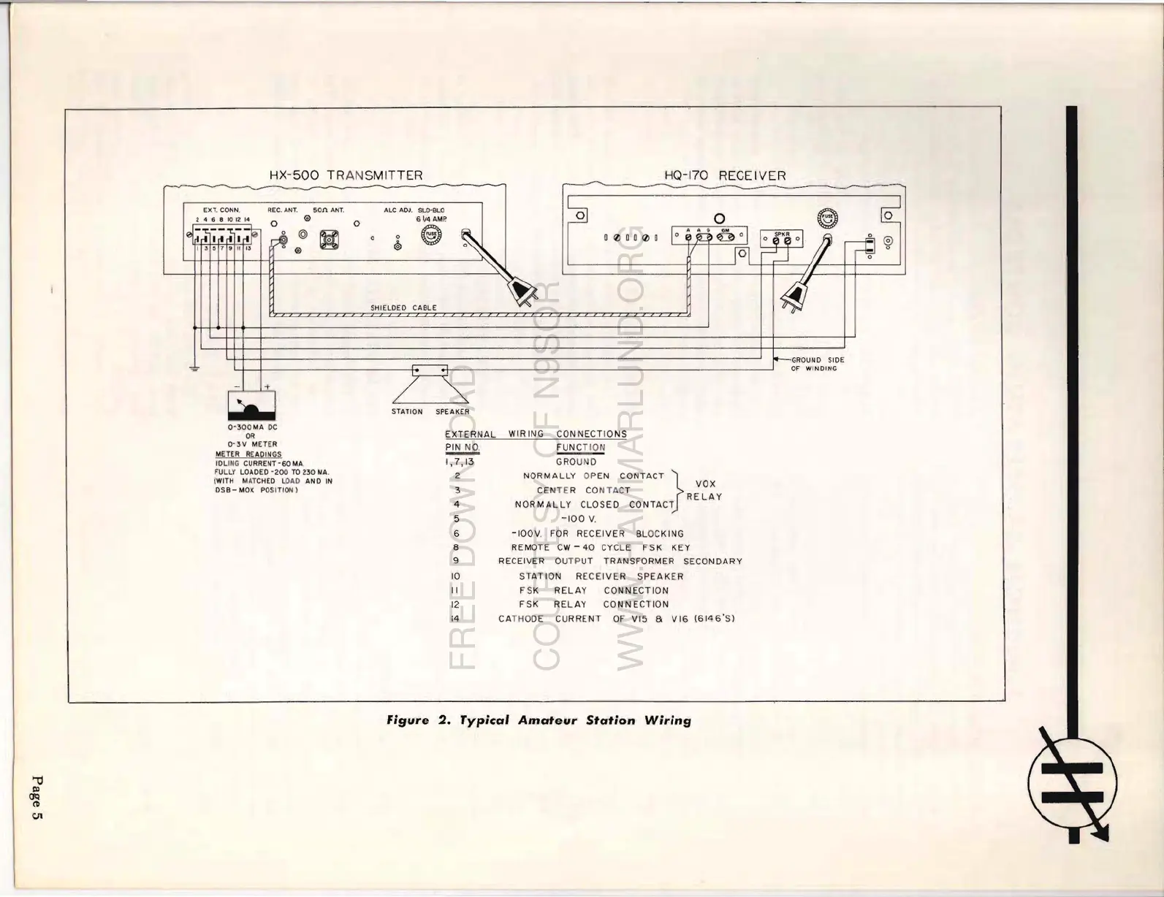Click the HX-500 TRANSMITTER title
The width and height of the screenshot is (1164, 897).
[x=346, y=175]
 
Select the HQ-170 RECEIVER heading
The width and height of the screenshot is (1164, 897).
[x=725, y=175]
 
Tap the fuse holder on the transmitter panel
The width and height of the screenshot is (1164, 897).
[x=432, y=235]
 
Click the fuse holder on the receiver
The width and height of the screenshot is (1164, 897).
[x=827, y=218]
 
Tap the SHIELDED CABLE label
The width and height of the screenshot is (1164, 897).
[x=403, y=308]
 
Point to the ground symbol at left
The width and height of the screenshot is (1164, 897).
[x=194, y=368]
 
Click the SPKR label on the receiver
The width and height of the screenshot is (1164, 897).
[x=781, y=234]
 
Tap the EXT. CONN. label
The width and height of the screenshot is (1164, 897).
[x=221, y=210]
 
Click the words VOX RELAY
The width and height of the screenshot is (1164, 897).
[x=704, y=490]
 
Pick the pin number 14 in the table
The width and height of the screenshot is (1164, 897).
[x=454, y=619]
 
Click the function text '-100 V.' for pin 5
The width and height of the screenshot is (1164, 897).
[x=579, y=519]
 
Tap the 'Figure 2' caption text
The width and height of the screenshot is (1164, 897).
[x=539, y=720]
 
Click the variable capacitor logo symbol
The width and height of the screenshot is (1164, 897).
[x=1073, y=782]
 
